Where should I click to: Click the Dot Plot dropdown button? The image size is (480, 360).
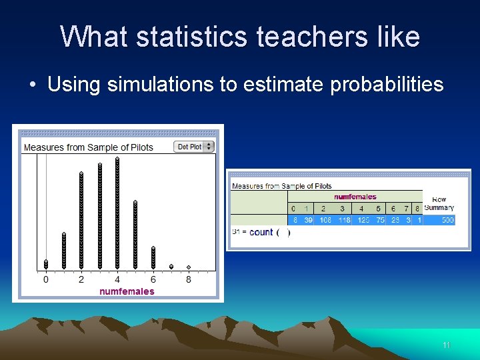click(194, 147)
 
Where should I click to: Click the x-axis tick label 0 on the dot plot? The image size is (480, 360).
click(46, 279)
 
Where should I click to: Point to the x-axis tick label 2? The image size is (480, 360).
click(81, 279)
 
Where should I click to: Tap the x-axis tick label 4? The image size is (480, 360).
click(117, 279)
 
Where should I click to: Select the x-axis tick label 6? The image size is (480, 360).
click(153, 279)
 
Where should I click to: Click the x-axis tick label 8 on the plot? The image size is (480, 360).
click(189, 279)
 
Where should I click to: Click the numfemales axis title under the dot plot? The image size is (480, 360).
click(127, 291)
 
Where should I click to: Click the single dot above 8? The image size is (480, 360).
click(189, 267)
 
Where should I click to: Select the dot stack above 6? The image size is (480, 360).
click(153, 257)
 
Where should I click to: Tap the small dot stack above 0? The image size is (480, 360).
click(46, 264)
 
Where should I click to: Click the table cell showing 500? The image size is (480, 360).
click(446, 220)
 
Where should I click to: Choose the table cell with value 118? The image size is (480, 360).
click(343, 220)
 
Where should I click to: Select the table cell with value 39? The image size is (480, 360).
click(308, 220)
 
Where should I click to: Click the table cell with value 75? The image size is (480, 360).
click(379, 220)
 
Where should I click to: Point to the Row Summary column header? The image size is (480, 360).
click(439, 203)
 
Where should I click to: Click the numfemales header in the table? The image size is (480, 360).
click(355, 197)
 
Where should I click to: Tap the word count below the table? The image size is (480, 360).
click(261, 232)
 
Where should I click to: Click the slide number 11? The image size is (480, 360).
click(446, 345)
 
